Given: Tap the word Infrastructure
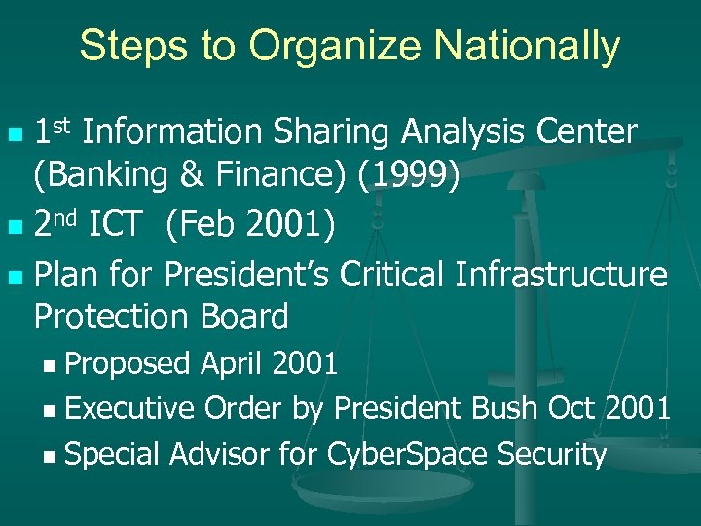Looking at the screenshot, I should pyautogui.click(x=562, y=276).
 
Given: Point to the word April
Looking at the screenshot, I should pyautogui.click(x=235, y=364).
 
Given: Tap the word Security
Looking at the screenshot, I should pyautogui.click(x=552, y=454).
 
